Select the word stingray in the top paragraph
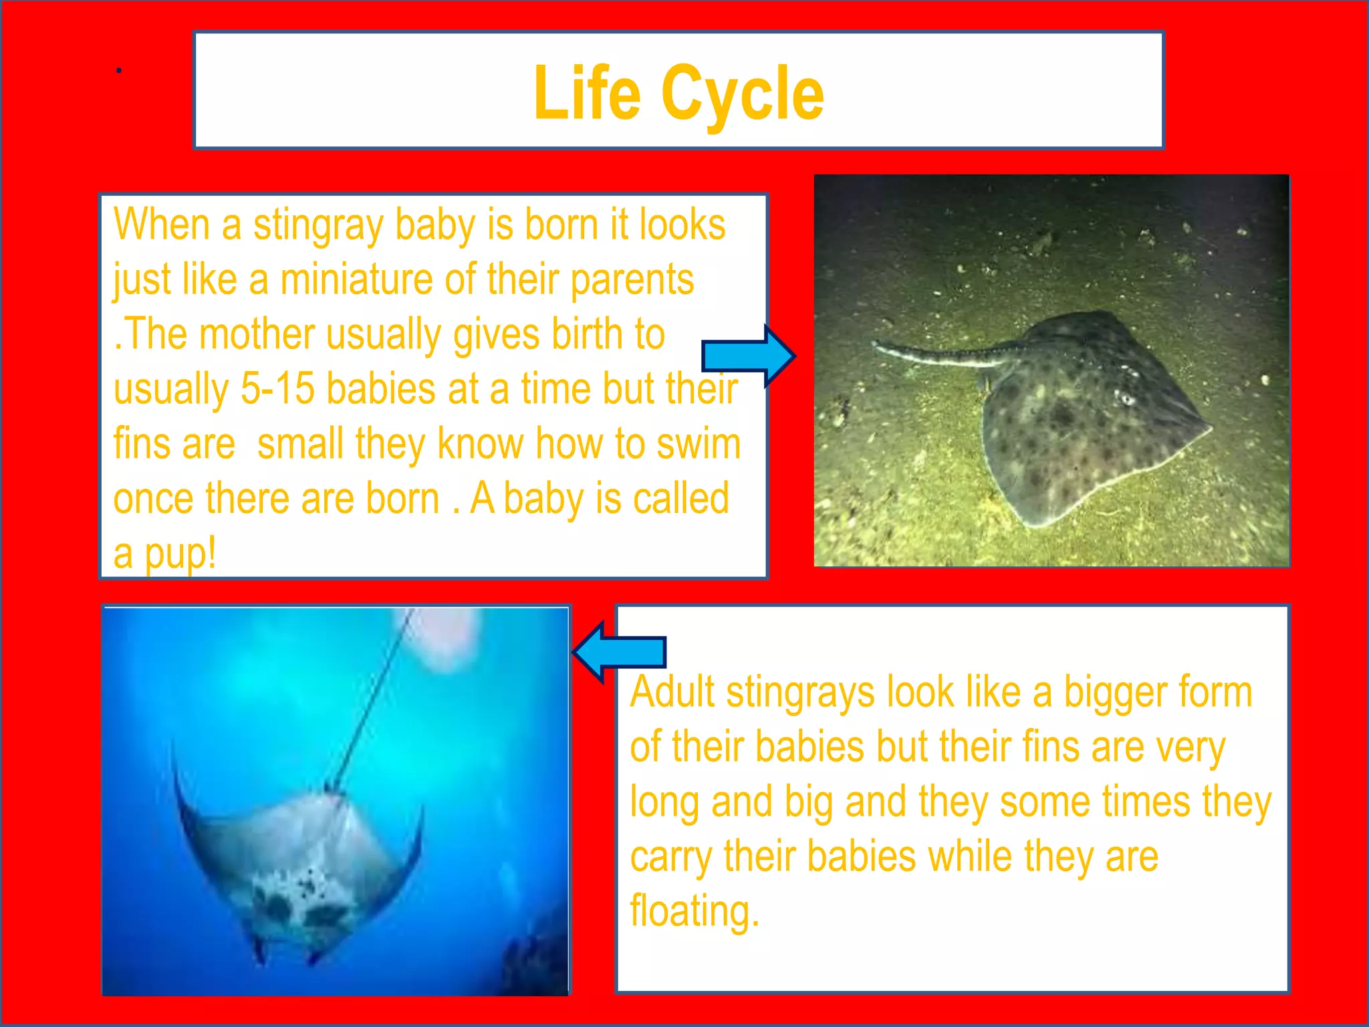click(x=318, y=226)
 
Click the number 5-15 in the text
click(x=277, y=389)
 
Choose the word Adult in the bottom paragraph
click(x=672, y=692)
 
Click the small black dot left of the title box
click(x=118, y=70)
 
